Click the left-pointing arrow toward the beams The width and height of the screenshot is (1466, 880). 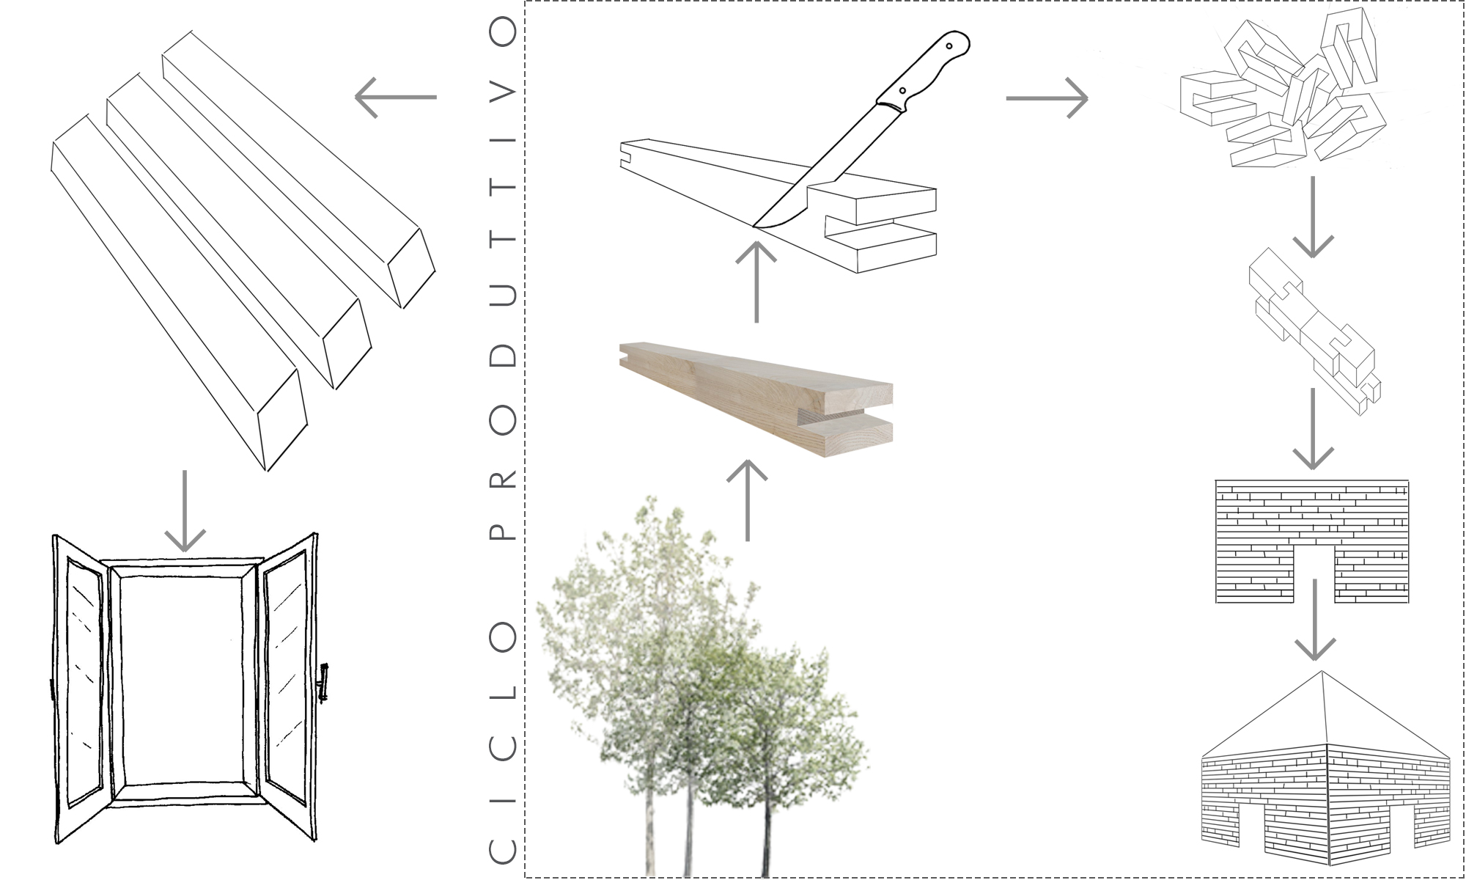click(x=396, y=97)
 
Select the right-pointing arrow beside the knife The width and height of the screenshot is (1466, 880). click(x=1047, y=98)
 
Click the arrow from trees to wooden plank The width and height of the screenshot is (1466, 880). click(x=747, y=500)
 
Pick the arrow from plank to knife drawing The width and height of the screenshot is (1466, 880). click(x=756, y=282)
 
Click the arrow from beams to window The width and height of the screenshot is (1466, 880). click(x=185, y=511)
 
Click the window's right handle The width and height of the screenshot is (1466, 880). click(x=323, y=682)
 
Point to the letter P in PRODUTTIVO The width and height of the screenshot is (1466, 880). click(x=502, y=529)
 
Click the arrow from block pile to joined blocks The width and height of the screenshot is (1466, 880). click(x=1312, y=217)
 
